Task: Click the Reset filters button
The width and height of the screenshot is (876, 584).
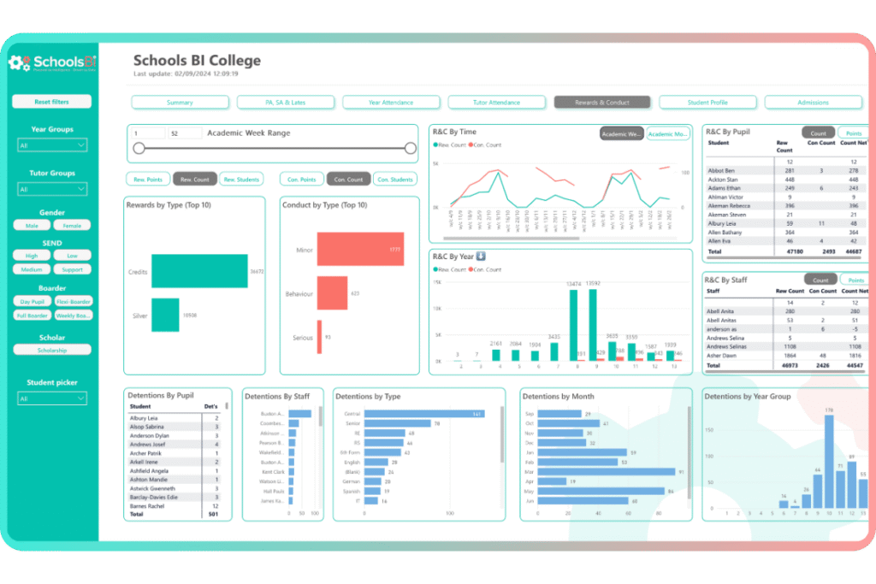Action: (51, 102)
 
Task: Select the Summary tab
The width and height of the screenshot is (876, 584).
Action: (180, 103)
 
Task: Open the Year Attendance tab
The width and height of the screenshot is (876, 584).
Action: (391, 103)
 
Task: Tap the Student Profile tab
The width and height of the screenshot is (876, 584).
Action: (707, 103)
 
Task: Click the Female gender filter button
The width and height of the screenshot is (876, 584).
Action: (72, 226)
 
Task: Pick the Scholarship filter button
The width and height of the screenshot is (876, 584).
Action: (51, 350)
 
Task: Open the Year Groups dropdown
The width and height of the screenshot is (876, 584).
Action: (51, 146)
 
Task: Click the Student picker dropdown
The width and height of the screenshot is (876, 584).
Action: (51, 398)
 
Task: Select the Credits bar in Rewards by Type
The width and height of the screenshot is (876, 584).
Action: (199, 271)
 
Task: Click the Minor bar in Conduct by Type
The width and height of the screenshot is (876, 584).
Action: (359, 249)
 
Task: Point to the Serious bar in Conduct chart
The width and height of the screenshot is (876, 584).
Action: (319, 337)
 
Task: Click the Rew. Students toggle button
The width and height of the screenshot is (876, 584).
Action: (240, 180)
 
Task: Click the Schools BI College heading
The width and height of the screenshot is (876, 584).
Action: (198, 61)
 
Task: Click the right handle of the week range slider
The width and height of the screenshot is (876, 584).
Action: (411, 148)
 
